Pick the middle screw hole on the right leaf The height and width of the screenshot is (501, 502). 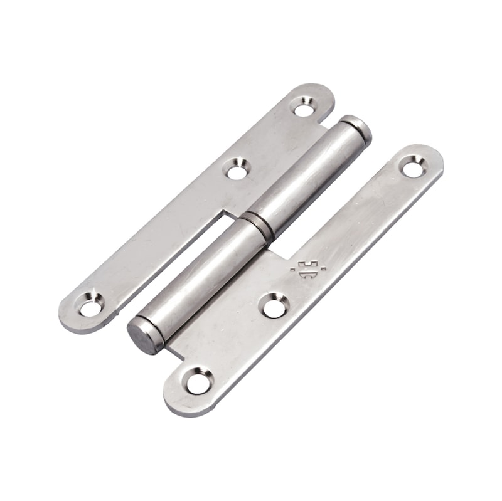pyautogui.click(x=274, y=307)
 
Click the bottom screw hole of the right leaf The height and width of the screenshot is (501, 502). pyautogui.click(x=198, y=382)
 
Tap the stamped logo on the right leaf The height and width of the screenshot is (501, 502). pyautogui.click(x=308, y=268)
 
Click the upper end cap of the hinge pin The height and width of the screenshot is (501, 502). pyautogui.click(x=358, y=128)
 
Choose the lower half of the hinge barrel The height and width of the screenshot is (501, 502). pyautogui.click(x=201, y=276)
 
